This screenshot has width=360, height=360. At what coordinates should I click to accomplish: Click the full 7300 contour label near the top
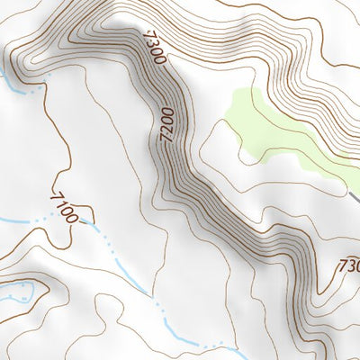point(154,48)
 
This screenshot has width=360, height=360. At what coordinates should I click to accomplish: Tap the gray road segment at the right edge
point(355,195)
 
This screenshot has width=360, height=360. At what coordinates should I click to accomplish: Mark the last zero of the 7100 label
point(78,217)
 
